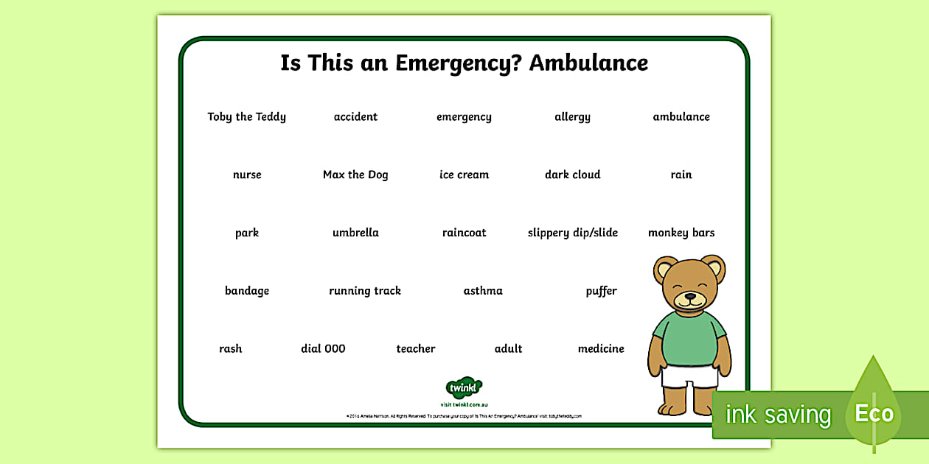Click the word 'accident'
[x=355, y=116]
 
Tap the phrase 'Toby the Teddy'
[x=246, y=116]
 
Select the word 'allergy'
[x=572, y=117]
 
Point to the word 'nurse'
[x=247, y=175]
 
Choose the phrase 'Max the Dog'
[x=355, y=175]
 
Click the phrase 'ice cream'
[x=464, y=175]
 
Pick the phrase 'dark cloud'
[x=572, y=175]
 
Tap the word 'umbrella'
[x=355, y=233]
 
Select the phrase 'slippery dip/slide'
[x=572, y=233]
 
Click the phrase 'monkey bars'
[x=681, y=233]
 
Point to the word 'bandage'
[x=247, y=291]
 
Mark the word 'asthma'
[x=483, y=291]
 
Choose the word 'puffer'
[x=601, y=291]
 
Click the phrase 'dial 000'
[x=323, y=348]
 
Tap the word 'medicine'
[x=601, y=348]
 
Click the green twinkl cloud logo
[x=464, y=388]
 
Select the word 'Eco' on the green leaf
[x=874, y=413]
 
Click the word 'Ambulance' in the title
[x=588, y=63]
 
